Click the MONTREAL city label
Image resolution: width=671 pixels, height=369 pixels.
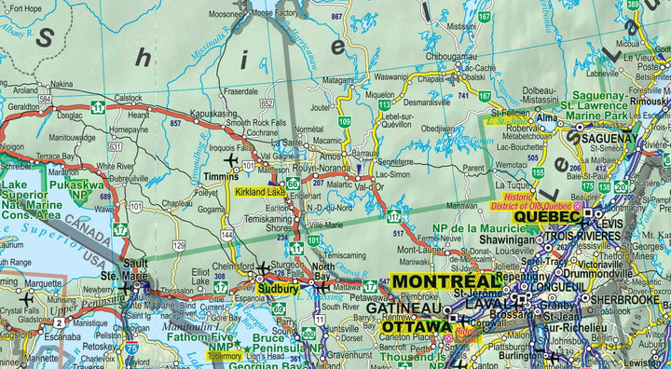(x=446, y=281)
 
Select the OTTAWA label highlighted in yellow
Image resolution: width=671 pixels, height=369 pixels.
(x=415, y=327)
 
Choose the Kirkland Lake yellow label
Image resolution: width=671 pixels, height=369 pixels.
(x=260, y=192)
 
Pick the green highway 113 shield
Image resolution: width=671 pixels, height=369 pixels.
(x=383, y=106)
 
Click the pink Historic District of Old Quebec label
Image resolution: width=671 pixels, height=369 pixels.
(x=538, y=201)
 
